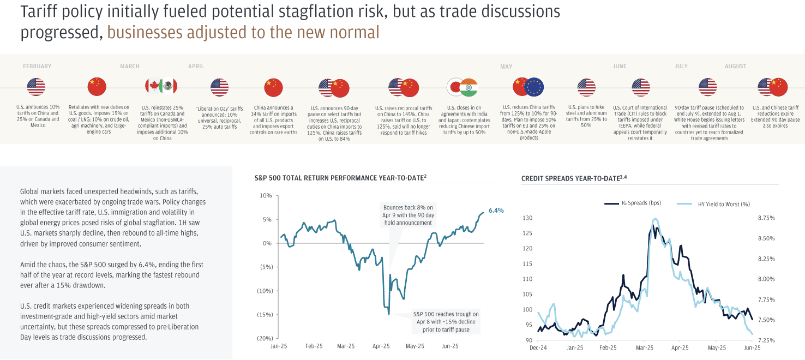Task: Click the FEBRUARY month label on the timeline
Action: click(37, 67)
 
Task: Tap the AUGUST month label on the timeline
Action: click(735, 67)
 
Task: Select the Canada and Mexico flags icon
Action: click(161, 87)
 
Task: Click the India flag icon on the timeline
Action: click(468, 87)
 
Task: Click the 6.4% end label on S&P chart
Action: click(496, 210)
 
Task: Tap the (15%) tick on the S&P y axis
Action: click(265, 315)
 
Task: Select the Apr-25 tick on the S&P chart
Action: click(381, 346)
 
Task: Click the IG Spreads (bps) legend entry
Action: click(633, 203)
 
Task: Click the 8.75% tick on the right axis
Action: click(766, 218)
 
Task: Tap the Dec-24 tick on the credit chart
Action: click(539, 347)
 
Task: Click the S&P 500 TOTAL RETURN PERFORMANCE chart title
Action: click(340, 178)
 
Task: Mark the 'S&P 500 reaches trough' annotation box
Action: click(446, 322)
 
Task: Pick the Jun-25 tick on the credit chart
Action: click(753, 347)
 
